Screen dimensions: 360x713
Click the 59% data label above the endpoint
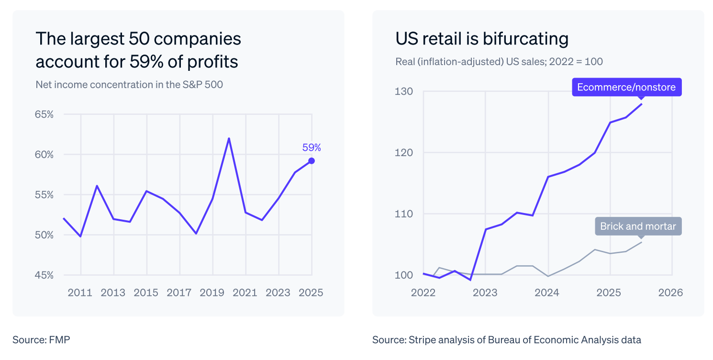(x=312, y=147)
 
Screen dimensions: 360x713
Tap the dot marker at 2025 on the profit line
(x=312, y=161)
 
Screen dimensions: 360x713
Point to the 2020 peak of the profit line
(x=229, y=138)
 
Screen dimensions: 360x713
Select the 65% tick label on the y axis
(x=44, y=115)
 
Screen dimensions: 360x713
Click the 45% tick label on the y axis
(x=44, y=275)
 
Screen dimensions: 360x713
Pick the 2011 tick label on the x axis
(x=80, y=292)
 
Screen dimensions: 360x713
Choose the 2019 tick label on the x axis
(x=212, y=292)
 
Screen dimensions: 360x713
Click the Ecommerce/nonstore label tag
(x=626, y=87)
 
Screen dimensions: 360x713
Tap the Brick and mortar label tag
(x=638, y=226)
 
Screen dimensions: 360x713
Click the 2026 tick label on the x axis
(x=671, y=292)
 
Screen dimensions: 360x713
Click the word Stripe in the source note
(x=421, y=340)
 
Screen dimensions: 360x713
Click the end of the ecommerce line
(x=642, y=104)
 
